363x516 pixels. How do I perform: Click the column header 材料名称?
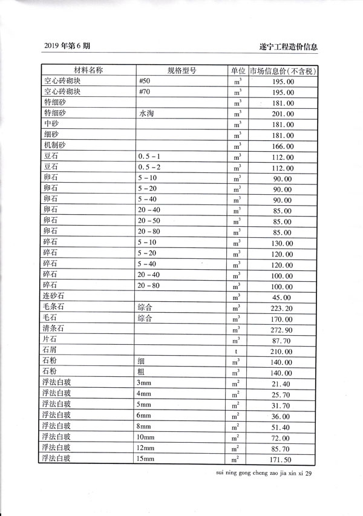(88, 70)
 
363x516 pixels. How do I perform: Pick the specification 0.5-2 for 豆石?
(148, 168)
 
